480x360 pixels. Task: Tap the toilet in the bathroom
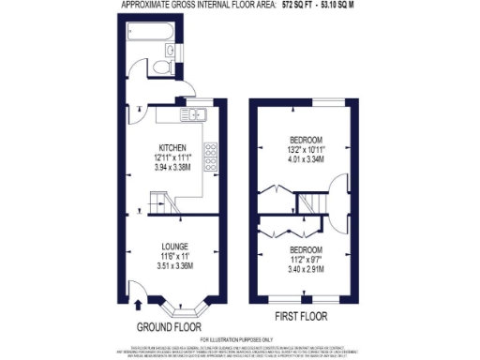(x=160, y=67)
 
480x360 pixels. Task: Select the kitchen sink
(x=194, y=114)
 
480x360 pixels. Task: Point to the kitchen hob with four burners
(x=210, y=149)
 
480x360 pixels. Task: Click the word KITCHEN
(x=172, y=148)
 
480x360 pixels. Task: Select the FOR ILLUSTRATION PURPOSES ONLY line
(x=240, y=338)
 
